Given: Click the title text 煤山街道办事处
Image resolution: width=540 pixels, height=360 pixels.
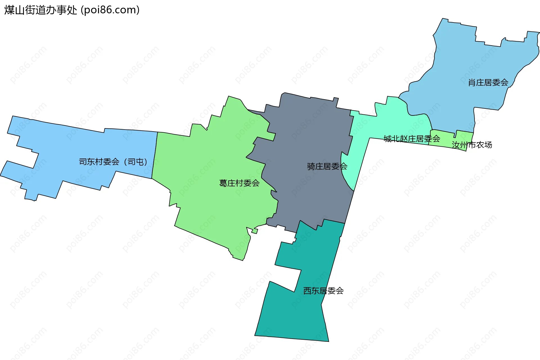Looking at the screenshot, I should click(40, 10).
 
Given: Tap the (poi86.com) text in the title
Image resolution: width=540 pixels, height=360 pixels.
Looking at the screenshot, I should click(110, 10).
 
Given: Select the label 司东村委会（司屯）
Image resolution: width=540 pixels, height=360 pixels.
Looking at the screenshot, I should click(113, 162).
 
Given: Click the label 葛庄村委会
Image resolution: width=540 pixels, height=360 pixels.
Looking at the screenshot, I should click(239, 183).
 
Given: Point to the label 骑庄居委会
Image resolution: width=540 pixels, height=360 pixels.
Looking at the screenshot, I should click(327, 167).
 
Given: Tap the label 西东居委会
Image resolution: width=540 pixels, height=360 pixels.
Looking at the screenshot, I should click(323, 291).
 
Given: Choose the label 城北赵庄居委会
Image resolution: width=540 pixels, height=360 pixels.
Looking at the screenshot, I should click(412, 139).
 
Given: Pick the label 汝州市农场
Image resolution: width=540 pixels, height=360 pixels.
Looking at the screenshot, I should click(472, 145).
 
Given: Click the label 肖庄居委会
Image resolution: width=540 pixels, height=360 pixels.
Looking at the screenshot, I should click(488, 83).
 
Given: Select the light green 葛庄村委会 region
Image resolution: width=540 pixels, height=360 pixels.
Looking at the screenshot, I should click(214, 157).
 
